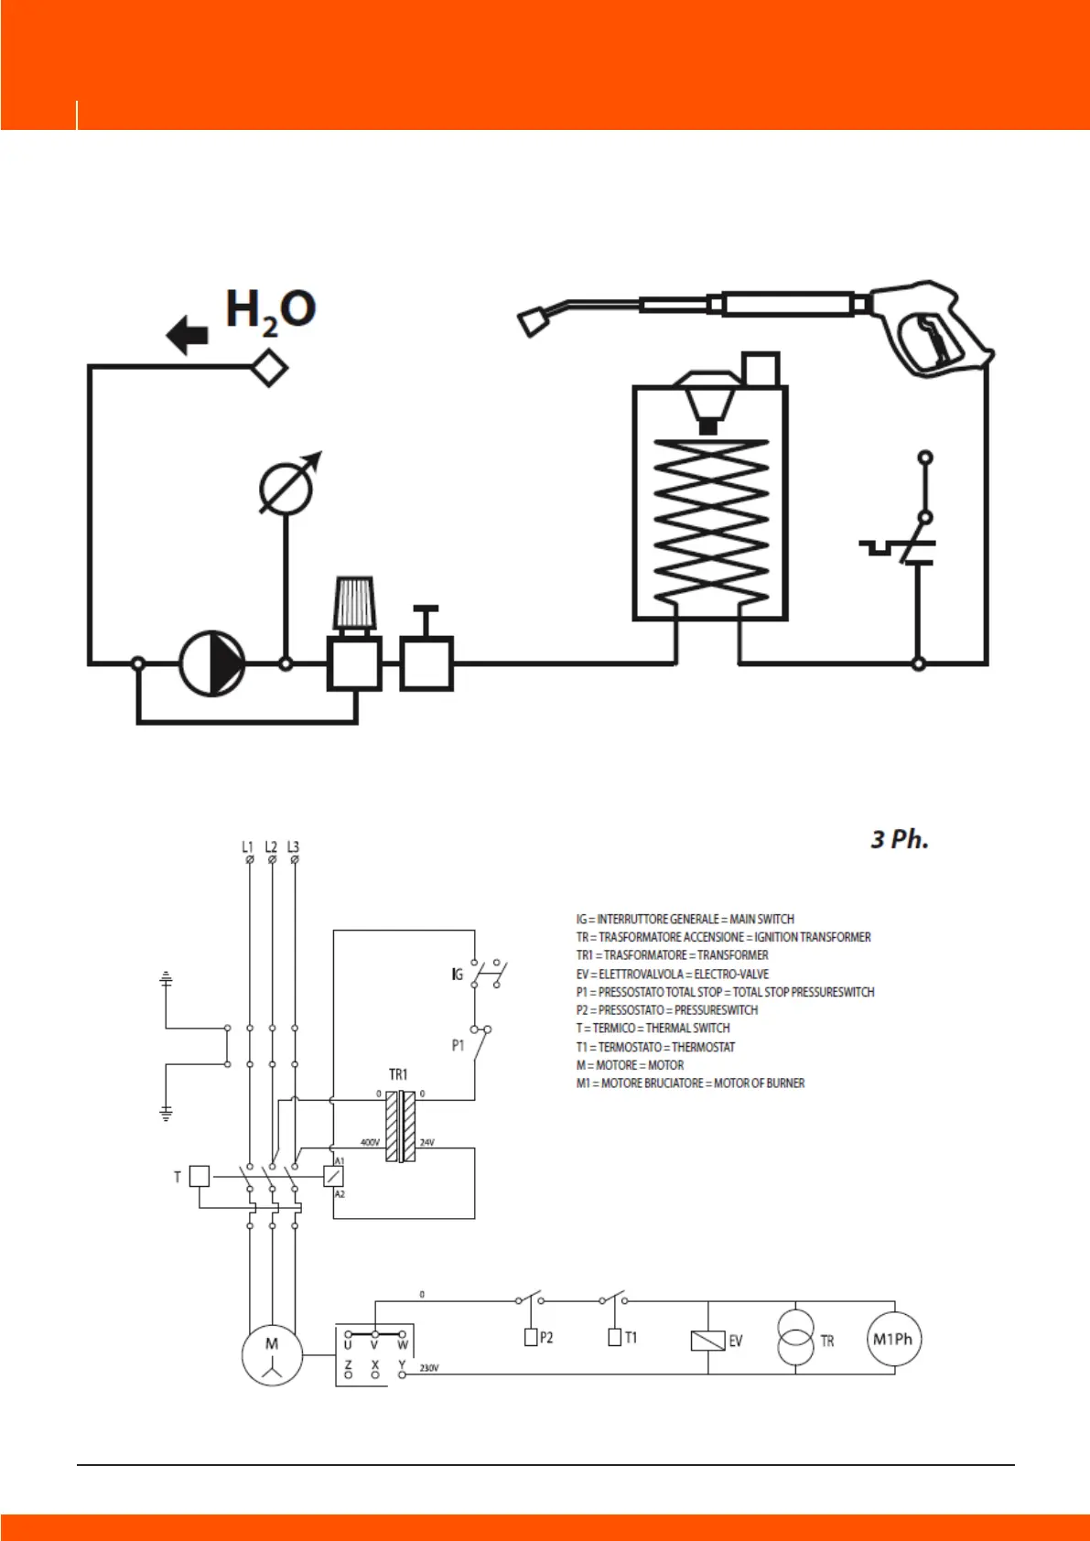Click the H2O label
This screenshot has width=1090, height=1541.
point(270,309)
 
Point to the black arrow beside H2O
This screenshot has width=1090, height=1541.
point(188,335)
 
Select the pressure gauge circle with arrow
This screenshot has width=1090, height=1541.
point(286,487)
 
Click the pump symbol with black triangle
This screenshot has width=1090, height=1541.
point(212,663)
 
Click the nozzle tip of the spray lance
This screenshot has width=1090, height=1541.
point(532,322)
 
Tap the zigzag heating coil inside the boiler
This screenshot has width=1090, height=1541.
point(711,522)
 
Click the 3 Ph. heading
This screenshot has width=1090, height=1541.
point(899,839)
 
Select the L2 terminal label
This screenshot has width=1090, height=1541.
point(271,847)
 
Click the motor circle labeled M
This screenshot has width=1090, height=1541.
point(272,1354)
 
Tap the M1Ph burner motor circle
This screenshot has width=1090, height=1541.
point(893,1340)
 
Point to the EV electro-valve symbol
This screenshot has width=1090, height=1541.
point(708,1341)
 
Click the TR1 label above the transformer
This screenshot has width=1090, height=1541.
point(398,1074)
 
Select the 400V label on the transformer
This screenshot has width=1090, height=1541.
point(370,1142)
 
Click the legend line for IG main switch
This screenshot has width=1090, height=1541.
point(685,919)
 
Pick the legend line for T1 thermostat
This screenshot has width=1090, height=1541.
point(655,1047)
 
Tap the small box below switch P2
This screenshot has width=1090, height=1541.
point(531,1337)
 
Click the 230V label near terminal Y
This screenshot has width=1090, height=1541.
point(428,1368)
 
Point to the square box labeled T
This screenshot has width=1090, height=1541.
point(200,1176)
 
